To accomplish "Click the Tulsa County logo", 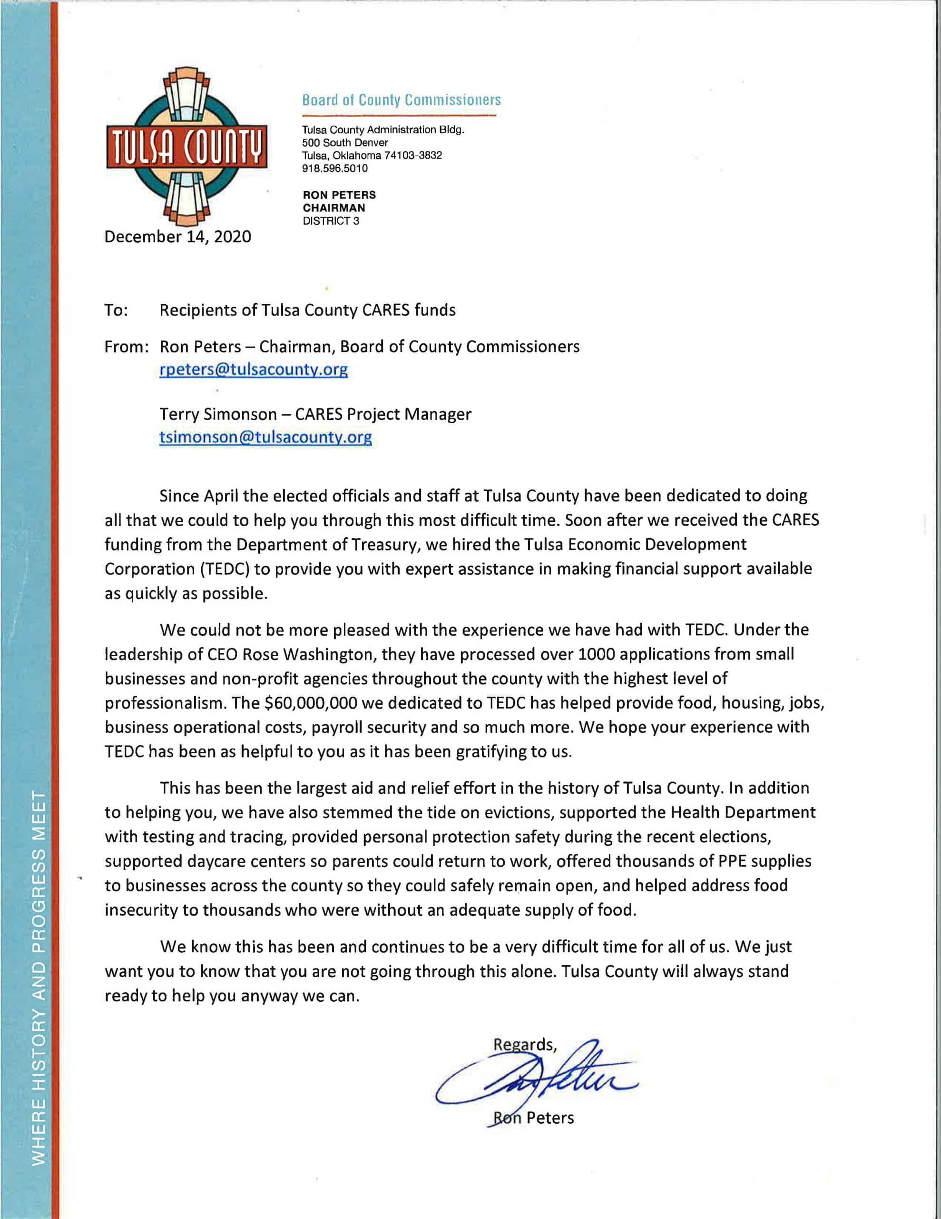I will pos(186,147).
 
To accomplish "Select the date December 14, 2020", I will pos(177,237).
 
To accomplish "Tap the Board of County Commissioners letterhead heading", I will pos(401,100).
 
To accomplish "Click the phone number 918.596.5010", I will pos(334,169).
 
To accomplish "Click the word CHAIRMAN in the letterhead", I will pos(333,208).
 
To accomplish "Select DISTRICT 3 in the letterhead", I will pos(331,221).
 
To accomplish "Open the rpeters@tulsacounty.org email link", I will pos(253,370).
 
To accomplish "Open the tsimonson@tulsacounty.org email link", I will pos(265,437).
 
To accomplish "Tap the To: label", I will pos(116,310).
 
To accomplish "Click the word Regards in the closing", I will pos(524,1045).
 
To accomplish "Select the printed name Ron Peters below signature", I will pos(533,1118).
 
